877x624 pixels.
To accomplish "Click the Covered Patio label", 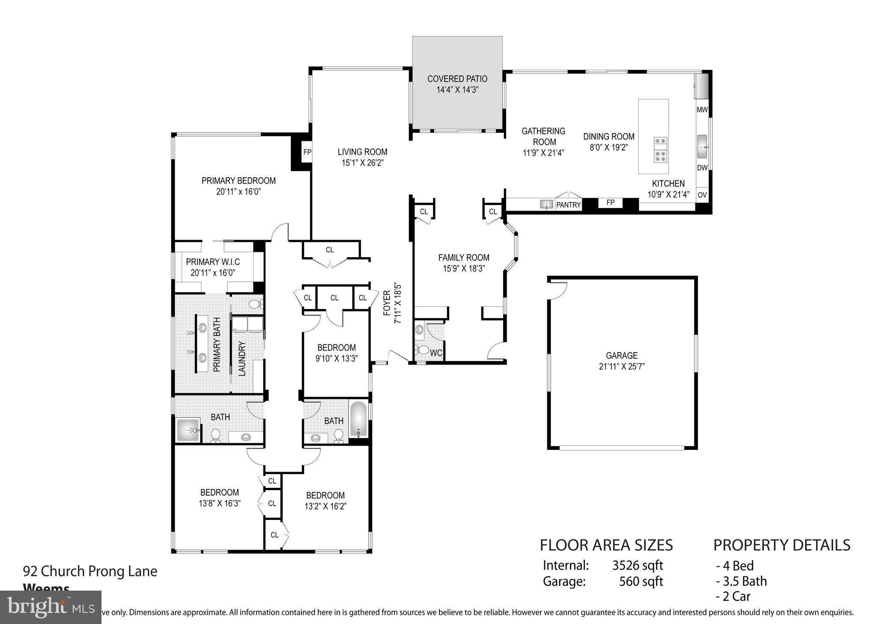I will coord(457,79).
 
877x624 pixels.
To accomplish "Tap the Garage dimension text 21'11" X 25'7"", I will coord(621,366).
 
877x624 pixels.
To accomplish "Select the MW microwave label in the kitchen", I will coord(702,110).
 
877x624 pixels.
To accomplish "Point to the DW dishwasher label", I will coord(702,168).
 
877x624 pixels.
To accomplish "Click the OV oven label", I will coord(702,195).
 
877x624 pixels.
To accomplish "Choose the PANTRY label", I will coord(568,205).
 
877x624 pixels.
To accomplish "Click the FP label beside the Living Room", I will coord(307,152).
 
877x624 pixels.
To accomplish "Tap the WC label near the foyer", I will coord(436,354).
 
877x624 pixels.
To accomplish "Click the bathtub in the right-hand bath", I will coord(359,419).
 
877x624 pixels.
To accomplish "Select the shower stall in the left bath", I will coord(188,430).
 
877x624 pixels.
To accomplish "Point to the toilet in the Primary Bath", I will coord(256,304).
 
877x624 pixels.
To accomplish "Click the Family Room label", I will coord(464,258).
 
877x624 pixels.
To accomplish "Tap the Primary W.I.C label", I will coord(213,262).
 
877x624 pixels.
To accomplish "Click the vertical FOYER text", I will coord(387,303).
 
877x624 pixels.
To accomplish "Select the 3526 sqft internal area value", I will coord(637,566).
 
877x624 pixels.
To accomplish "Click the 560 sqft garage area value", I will coord(641,581).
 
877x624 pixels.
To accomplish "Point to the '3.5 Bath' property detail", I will coord(741,581).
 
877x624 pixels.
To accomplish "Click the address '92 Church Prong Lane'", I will coord(90,571).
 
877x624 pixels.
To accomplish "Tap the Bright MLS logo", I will coord(51,607).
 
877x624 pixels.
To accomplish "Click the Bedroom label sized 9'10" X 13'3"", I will coord(336,348).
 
